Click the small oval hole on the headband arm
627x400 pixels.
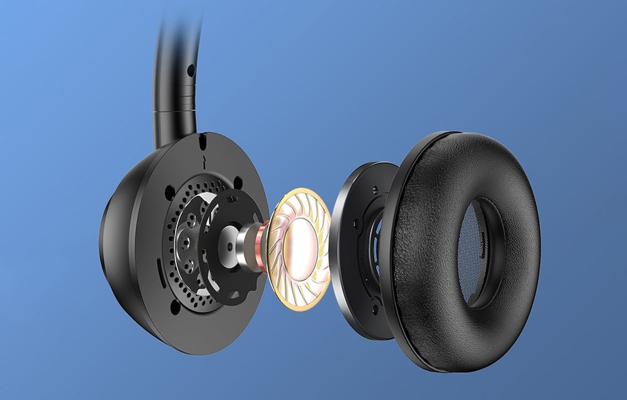click(x=190, y=70)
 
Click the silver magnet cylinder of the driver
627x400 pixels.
click(x=246, y=245)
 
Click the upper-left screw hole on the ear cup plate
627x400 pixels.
click(x=170, y=189)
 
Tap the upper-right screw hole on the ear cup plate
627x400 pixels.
click(x=238, y=182)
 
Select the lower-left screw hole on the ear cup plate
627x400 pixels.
click(x=174, y=306)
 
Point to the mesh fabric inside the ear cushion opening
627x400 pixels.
click(x=473, y=251)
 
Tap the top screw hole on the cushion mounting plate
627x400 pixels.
click(x=374, y=189)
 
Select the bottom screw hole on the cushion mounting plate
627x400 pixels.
click(x=374, y=308)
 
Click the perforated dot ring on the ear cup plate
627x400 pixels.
click(x=172, y=251)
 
